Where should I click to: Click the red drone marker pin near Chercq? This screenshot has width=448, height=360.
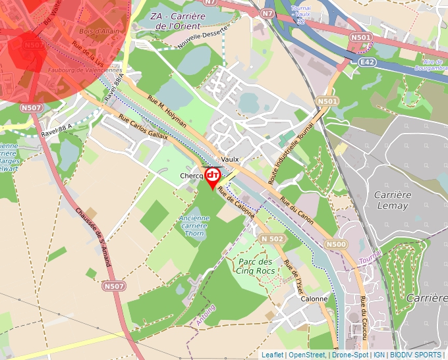tap(213, 176)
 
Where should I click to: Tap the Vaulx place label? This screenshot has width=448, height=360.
tap(230, 159)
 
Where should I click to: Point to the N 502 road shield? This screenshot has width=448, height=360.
tap(272, 238)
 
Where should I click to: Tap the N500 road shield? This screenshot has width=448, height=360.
tap(336, 244)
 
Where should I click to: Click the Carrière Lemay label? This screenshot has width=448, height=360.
tap(392, 200)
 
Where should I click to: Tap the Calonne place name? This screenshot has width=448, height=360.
tap(314, 299)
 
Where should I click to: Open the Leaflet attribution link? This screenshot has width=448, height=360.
tap(273, 355)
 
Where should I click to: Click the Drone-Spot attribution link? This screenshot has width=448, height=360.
tap(350, 355)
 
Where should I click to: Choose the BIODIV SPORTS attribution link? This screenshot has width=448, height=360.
tap(416, 355)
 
